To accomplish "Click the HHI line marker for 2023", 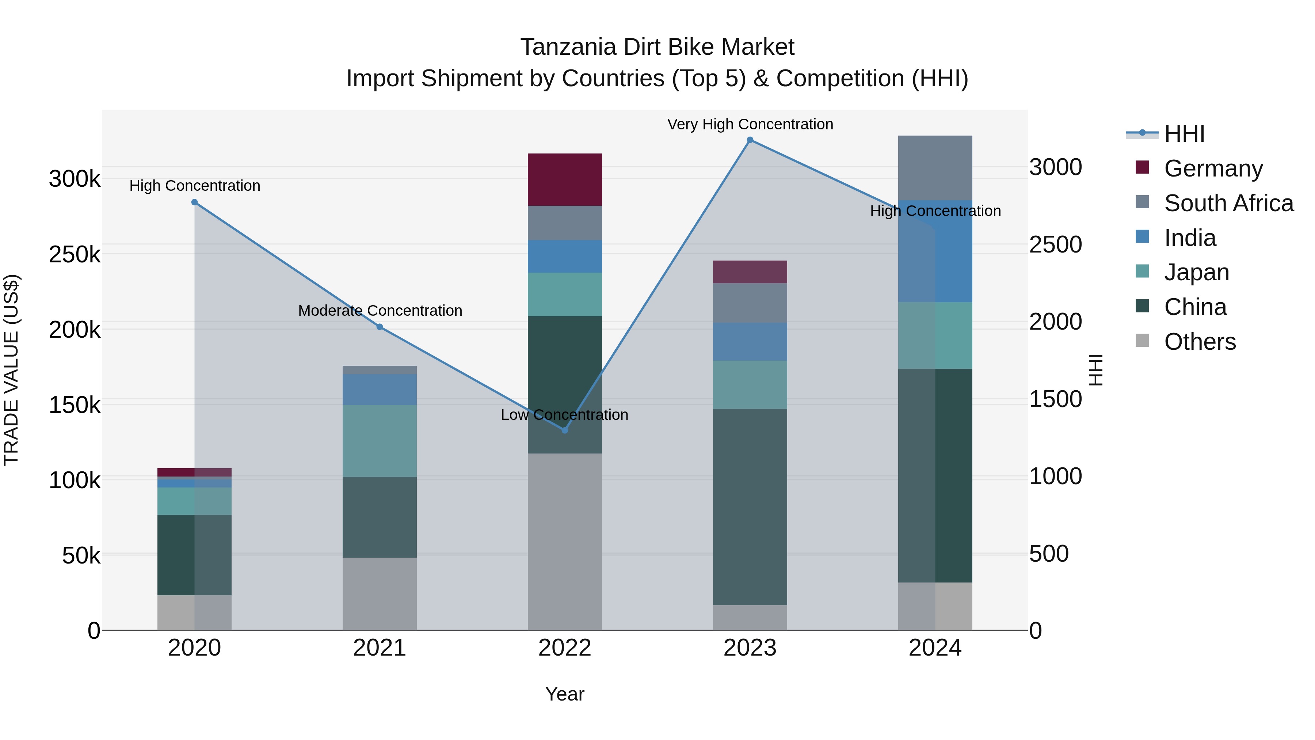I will point(750,140).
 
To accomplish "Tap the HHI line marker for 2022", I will point(565,430).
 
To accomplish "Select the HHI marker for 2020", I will point(194,202).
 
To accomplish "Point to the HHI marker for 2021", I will point(379,327).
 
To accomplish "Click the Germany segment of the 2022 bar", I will point(565,179).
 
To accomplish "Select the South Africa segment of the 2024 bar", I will point(935,168).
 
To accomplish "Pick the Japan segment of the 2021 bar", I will point(379,441).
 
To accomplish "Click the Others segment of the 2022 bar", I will point(565,541).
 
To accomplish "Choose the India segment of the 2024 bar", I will point(935,251).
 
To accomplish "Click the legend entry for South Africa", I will point(1228,203).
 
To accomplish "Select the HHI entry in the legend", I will point(1184,134).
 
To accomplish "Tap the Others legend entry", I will point(1199,342).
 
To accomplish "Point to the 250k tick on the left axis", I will point(75,254).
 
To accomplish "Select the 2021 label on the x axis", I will point(379,648).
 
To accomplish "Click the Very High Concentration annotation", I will point(750,124).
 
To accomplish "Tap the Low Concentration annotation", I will point(565,415).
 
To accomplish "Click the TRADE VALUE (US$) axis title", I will point(11,370).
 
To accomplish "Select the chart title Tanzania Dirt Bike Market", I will point(657,47).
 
